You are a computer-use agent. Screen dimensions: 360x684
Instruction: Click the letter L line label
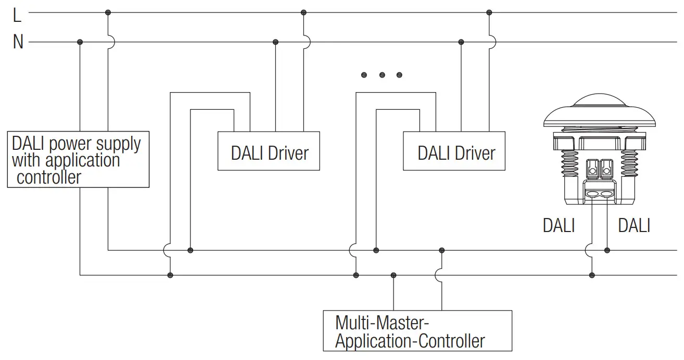pyautogui.click(x=17, y=16)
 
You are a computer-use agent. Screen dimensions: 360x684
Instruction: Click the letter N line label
pyautogui.click(x=18, y=42)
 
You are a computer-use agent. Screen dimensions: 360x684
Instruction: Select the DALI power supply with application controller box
pyautogui.click(x=78, y=159)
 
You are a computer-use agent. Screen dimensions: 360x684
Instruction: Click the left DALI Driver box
pyautogui.click(x=269, y=151)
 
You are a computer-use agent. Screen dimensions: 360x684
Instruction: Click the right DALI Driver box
pyautogui.click(x=454, y=151)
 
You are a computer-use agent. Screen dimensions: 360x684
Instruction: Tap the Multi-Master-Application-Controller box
pyautogui.click(x=417, y=331)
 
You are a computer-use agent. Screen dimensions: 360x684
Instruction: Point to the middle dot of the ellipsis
pyautogui.click(x=382, y=75)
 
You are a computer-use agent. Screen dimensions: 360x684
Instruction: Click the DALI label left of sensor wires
pyautogui.click(x=559, y=225)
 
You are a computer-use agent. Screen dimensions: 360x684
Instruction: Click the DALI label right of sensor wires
pyautogui.click(x=634, y=225)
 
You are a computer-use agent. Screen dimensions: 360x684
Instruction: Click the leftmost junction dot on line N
pyautogui.click(x=80, y=42)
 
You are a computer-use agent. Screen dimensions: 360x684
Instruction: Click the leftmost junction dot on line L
pyautogui.click(x=108, y=12)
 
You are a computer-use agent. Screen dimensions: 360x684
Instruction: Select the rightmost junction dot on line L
pyautogui.click(x=488, y=12)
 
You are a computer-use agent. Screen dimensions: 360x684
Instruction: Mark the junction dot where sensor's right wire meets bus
pyautogui.click(x=607, y=250)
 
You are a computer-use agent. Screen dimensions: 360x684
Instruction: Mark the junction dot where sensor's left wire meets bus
pyautogui.click(x=592, y=275)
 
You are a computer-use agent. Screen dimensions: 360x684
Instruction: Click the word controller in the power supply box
pyautogui.click(x=49, y=177)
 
